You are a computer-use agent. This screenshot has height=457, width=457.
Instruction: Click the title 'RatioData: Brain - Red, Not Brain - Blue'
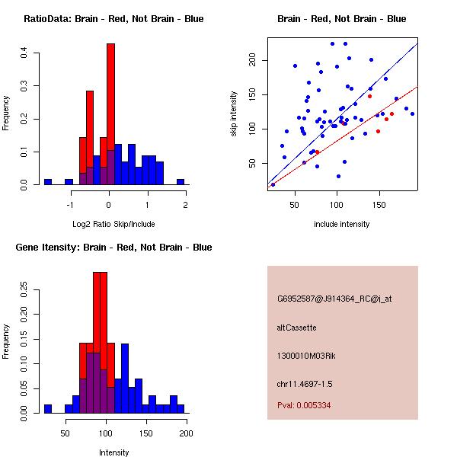point(113,19)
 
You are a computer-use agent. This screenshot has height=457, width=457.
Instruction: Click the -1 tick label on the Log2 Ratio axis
point(70,205)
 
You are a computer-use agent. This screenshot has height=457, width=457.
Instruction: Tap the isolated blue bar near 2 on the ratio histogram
point(181,182)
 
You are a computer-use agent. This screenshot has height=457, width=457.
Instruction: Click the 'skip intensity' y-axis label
point(235,114)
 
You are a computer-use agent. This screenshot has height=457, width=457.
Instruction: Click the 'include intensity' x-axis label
point(341,224)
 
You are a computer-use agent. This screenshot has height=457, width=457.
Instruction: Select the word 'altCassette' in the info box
point(296,328)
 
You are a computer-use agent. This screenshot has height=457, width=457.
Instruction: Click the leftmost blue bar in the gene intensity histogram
point(48,408)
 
